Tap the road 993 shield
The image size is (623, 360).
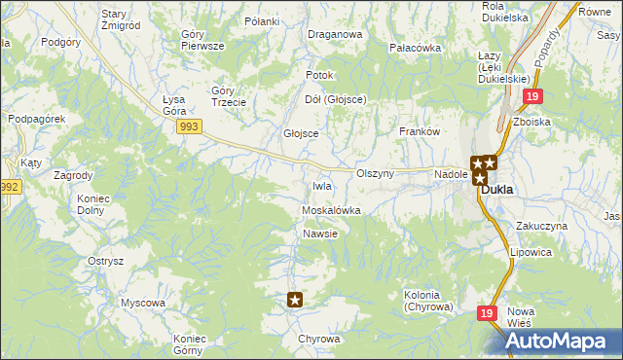[190, 126]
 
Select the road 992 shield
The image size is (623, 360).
[10, 187]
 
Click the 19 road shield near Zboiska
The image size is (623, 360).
[531, 97]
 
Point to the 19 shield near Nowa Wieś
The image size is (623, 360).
[488, 313]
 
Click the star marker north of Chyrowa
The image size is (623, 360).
[296, 301]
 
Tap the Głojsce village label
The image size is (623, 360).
[301, 133]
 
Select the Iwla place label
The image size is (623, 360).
[322, 186]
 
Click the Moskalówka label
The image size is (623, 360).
[332, 210]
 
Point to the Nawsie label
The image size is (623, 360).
[320, 234]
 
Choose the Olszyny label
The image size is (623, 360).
[375, 173]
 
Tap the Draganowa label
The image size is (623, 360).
[335, 34]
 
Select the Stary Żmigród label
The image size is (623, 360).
[122, 19]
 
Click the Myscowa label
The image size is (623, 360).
[142, 303]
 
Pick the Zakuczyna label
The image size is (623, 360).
[542, 226]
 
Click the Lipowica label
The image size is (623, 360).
[531, 252]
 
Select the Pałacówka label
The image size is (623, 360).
[416, 48]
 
